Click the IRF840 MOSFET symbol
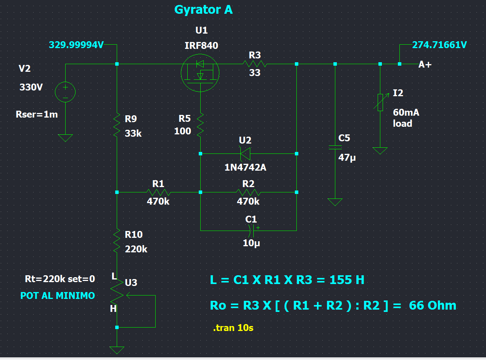(x=200, y=73)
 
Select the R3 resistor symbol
(x=254, y=64)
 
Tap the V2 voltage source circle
(x=65, y=92)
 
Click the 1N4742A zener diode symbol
(x=245, y=154)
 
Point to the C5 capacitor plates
(x=335, y=147)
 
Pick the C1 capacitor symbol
(x=252, y=230)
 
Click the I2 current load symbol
(x=380, y=102)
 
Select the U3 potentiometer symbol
(x=117, y=295)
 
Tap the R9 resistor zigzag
(x=117, y=125)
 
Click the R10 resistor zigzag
(x=117, y=241)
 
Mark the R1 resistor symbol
(x=158, y=192)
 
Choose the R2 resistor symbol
(x=248, y=192)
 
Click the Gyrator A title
(x=203, y=10)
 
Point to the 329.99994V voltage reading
(x=76, y=45)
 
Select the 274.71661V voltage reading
(x=439, y=45)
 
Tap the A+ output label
(x=425, y=65)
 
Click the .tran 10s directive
(x=233, y=328)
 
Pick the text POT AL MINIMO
(x=58, y=295)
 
